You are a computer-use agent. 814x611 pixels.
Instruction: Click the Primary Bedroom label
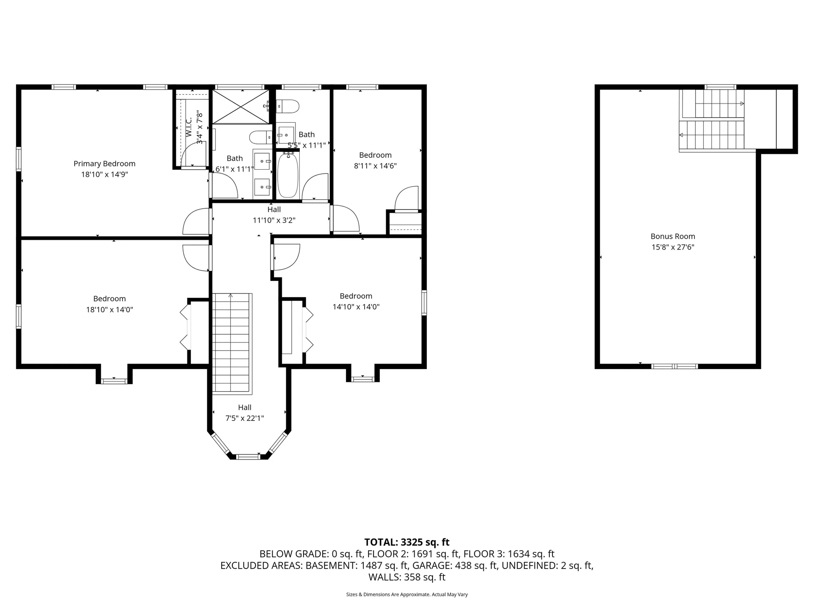point(104,164)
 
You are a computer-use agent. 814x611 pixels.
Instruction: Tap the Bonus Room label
point(673,236)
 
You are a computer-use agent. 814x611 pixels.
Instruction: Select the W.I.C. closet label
point(189,127)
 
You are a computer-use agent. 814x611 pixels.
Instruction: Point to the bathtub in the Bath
point(288,175)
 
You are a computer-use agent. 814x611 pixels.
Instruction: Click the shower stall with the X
point(240,107)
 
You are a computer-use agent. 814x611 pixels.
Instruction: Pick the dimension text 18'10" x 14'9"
point(104,174)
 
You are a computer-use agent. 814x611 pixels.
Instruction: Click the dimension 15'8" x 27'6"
point(673,247)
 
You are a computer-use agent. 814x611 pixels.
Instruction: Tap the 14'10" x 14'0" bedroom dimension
point(356,307)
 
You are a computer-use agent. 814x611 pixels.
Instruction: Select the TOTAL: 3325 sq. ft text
point(407,542)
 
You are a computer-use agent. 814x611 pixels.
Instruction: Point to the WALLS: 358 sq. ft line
point(407,577)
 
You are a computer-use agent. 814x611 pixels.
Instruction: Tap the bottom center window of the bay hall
point(248,457)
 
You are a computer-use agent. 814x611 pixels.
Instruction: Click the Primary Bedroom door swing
point(196,221)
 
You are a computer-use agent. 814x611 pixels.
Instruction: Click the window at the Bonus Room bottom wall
point(675,366)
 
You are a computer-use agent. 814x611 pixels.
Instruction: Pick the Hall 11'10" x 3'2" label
point(274,215)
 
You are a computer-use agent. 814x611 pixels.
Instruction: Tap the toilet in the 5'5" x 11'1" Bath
point(287,105)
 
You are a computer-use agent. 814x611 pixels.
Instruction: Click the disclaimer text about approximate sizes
point(407,594)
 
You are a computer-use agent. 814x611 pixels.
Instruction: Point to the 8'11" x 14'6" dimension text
point(375,166)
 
